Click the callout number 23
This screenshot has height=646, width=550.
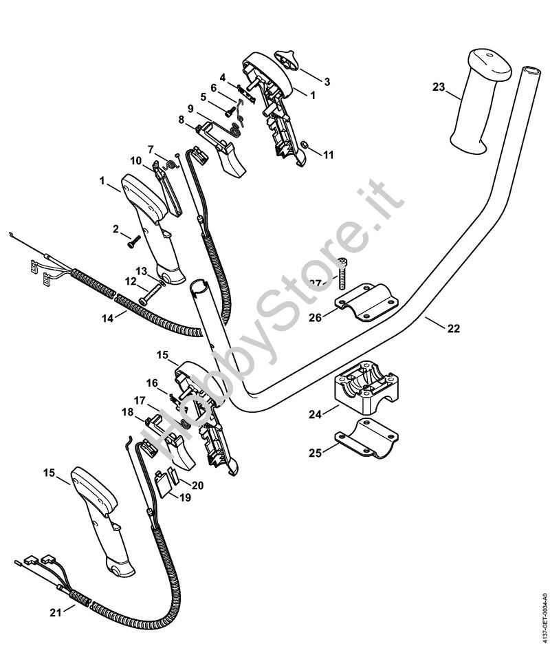(x=439, y=87)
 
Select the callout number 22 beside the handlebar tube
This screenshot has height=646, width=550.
(x=453, y=328)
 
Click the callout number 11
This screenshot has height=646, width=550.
(x=328, y=155)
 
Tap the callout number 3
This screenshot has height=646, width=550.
(x=327, y=81)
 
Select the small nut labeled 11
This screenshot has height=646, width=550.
(x=303, y=144)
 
